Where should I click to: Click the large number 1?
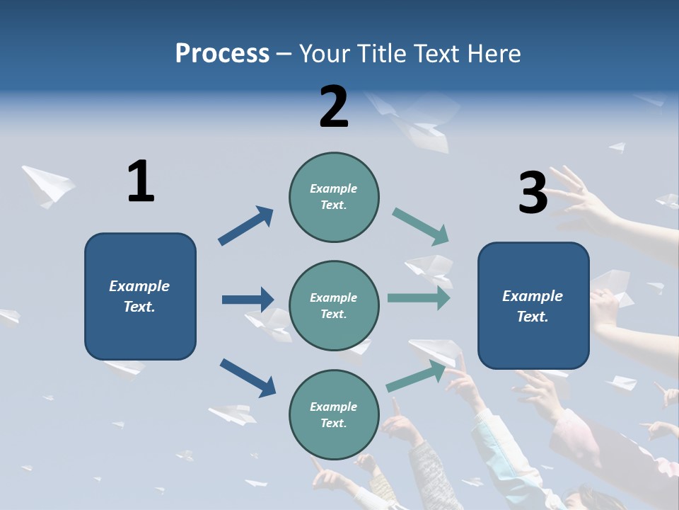coord(141,181)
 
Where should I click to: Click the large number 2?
coord(334,107)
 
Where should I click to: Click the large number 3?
coord(533,193)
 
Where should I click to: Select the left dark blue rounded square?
coord(140,296)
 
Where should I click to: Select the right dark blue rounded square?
coord(533,305)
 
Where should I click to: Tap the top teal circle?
coord(334,196)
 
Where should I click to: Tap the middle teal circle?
coord(334,305)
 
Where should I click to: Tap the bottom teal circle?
coord(334,414)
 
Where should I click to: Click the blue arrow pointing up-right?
coord(245,226)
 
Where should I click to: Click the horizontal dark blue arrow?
coord(248,300)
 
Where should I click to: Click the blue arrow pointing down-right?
coord(248,377)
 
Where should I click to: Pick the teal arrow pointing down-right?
coord(421,227)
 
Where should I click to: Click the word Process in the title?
coord(222,53)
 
